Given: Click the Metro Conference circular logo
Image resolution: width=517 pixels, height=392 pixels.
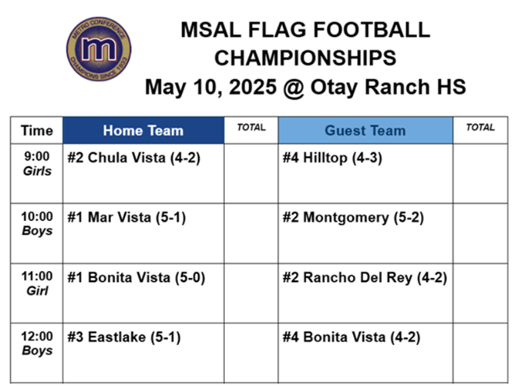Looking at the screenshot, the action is click(98, 49).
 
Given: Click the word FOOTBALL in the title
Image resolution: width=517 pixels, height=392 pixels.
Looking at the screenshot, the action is click(372, 30).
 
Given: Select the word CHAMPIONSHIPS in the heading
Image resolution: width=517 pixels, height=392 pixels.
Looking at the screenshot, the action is click(305, 58).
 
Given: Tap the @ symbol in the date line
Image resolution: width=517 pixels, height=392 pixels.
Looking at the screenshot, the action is click(293, 87).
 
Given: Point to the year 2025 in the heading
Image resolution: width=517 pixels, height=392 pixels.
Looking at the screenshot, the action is click(252, 87).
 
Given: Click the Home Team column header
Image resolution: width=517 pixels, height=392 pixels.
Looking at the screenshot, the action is click(144, 130).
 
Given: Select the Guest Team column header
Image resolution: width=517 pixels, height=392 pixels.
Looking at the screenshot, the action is click(365, 130).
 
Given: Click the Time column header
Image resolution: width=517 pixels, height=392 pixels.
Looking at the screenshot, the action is click(37, 130).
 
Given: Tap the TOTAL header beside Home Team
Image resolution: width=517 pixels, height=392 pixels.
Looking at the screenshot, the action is click(251, 127).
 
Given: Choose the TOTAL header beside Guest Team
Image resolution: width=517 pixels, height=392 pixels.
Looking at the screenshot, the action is click(480, 127).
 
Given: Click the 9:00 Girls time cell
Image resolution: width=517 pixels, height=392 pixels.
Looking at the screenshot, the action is click(37, 163).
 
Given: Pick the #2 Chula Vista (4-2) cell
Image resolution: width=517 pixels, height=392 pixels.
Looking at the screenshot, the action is click(134, 158).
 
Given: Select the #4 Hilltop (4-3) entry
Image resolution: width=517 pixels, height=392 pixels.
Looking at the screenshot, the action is click(333, 158).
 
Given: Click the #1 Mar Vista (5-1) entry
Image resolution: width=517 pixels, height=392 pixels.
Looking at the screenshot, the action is click(127, 218).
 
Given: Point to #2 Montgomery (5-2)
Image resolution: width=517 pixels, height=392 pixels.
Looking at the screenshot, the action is click(353, 218).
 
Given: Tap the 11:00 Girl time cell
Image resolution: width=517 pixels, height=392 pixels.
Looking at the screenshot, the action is click(37, 283).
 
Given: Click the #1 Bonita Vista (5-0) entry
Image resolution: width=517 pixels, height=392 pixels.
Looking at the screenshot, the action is click(136, 277).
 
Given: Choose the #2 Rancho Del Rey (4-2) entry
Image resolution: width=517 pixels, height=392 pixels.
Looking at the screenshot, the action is click(365, 277).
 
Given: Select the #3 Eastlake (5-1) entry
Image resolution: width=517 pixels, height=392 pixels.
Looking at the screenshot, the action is click(124, 337).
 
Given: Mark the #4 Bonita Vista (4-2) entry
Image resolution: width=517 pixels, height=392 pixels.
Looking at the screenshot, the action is click(351, 337).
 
